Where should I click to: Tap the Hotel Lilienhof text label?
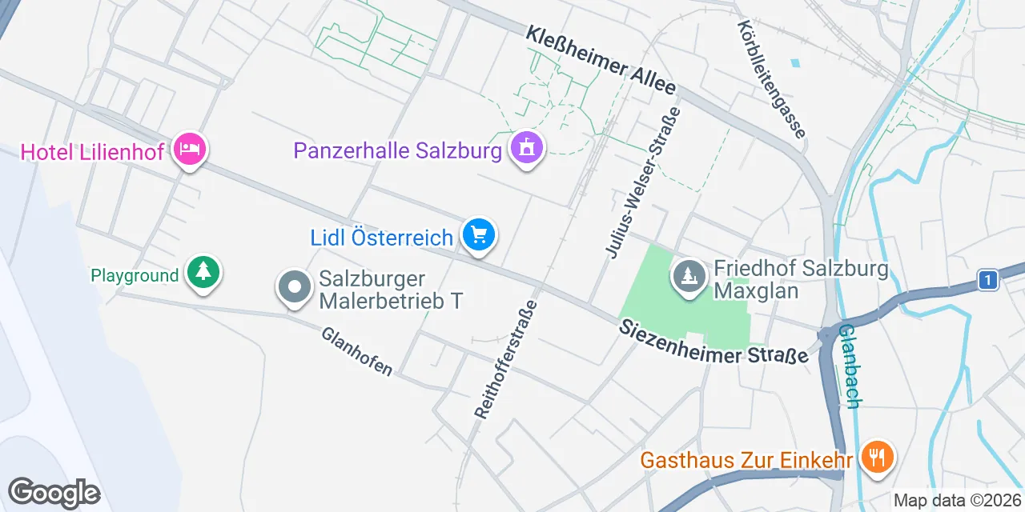(92, 152)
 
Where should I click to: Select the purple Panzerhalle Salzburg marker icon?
(527, 149)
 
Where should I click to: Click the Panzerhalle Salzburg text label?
(397, 150)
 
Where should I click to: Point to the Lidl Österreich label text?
(382, 238)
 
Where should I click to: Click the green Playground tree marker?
(203, 274)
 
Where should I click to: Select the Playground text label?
(135, 276)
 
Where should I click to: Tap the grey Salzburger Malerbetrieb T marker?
(295, 286)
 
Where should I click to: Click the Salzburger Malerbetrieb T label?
(391, 290)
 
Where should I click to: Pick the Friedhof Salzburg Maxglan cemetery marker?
(688, 276)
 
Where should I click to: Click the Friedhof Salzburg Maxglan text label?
(801, 278)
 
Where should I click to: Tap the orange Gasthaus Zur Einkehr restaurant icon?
(878, 458)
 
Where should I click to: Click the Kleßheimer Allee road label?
(601, 60)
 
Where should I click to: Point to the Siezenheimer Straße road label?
(713, 342)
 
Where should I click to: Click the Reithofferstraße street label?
(505, 359)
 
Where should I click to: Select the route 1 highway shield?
(989, 280)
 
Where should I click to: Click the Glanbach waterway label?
(850, 366)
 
